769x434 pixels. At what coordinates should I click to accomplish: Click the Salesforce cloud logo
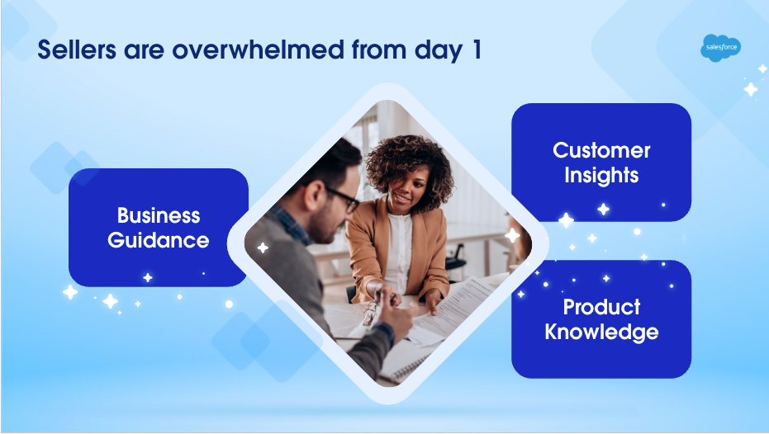coord(720,48)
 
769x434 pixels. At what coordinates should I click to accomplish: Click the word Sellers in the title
coord(77,50)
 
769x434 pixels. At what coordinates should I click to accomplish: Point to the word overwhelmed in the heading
coord(258,50)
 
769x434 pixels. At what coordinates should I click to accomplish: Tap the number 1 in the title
coord(477,50)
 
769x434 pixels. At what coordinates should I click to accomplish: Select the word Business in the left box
coord(159,215)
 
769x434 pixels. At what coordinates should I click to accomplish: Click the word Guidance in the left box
coord(159,240)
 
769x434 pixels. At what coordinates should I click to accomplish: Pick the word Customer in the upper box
coord(601,150)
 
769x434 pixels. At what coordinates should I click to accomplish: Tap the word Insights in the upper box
coord(601,176)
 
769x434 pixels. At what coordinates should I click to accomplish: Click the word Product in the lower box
coord(601,307)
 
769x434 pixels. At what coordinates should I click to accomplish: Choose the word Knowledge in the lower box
coord(601,333)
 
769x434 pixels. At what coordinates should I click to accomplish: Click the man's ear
coord(312,195)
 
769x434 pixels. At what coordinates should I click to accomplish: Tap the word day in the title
coord(439,51)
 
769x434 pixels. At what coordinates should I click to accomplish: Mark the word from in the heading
coord(379,50)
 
